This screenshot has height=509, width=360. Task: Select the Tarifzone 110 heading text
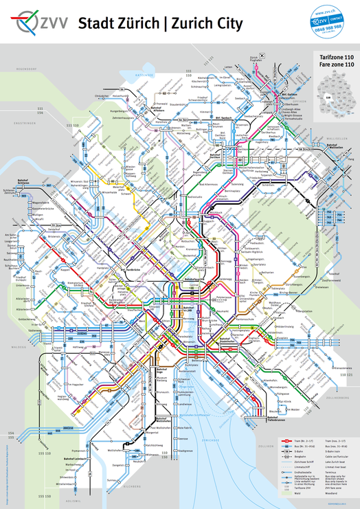[335, 58]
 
